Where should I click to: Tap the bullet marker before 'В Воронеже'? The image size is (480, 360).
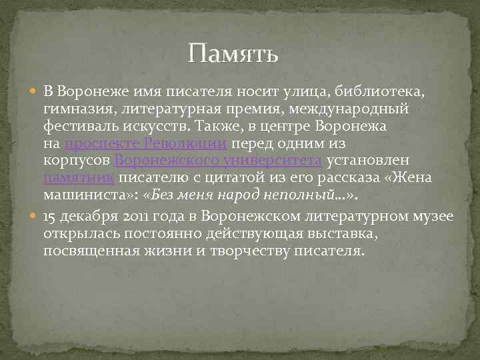tap(35, 90)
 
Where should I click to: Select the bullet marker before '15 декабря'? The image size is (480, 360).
tap(35, 217)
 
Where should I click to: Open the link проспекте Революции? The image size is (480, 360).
tap(148, 144)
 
